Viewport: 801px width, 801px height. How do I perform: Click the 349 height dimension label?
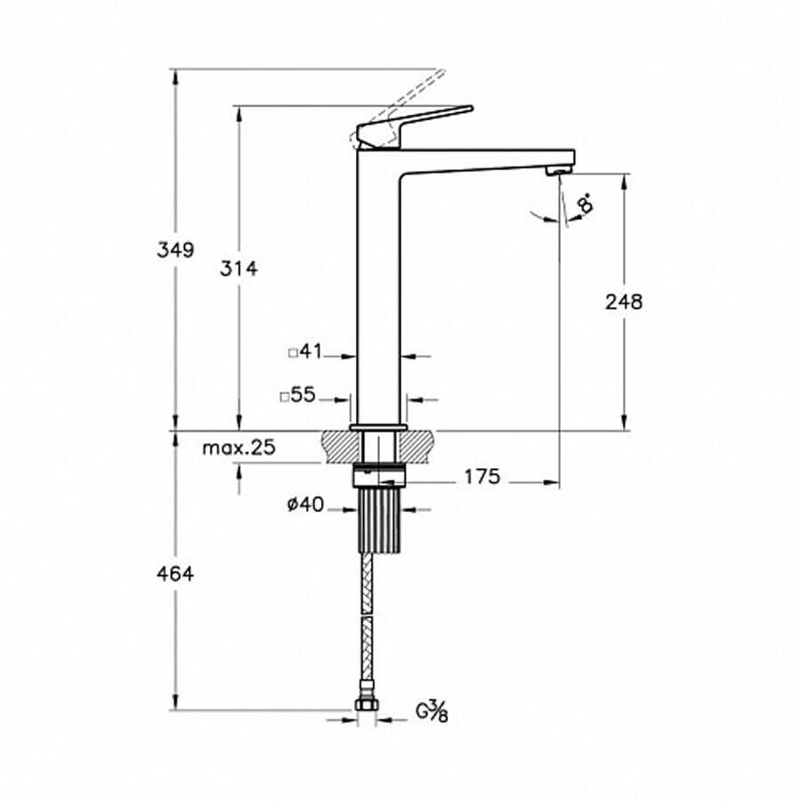(x=175, y=250)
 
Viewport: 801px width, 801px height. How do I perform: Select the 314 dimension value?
(x=239, y=268)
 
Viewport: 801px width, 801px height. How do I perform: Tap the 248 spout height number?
(x=624, y=302)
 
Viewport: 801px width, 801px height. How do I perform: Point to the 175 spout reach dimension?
(x=481, y=477)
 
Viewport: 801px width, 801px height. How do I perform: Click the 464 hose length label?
(x=175, y=574)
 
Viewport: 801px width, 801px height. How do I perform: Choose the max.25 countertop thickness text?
(x=239, y=448)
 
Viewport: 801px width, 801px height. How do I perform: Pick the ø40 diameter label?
(x=305, y=505)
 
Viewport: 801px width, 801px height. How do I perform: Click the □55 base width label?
(x=298, y=395)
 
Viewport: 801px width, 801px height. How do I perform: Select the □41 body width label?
(x=305, y=352)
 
